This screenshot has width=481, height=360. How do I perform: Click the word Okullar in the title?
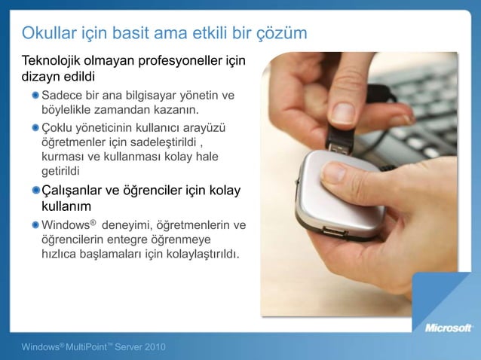[51, 33]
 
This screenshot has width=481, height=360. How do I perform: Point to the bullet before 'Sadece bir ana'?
[36, 96]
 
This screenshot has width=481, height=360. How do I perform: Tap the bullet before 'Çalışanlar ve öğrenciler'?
[36, 189]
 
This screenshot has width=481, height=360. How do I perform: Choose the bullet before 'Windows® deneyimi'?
[36, 224]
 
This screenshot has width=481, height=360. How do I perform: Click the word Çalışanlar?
[76, 189]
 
